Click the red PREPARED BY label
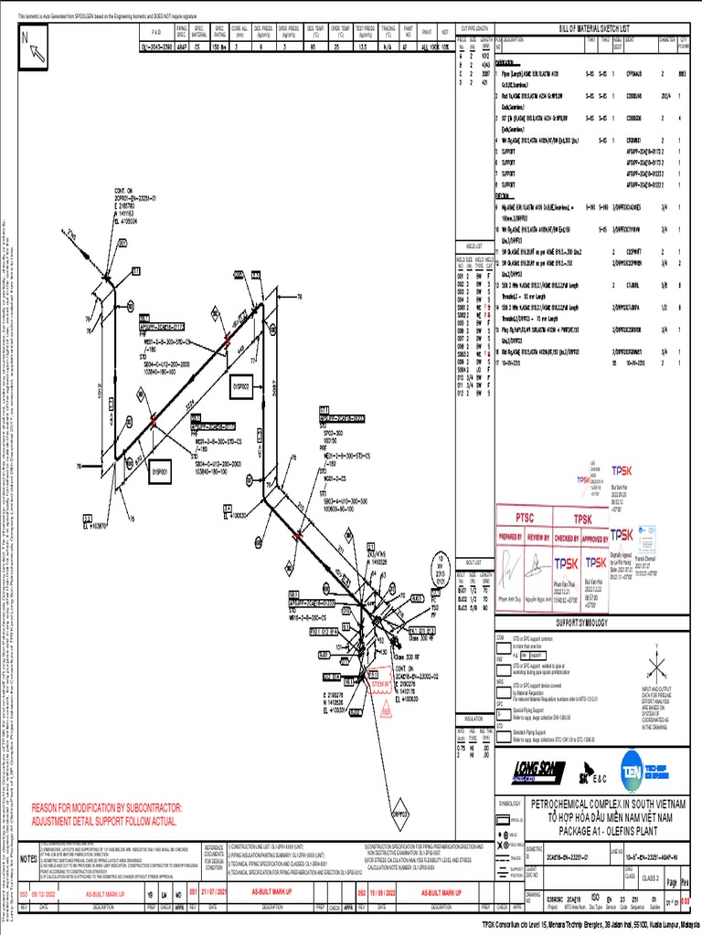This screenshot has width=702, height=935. pyautogui.click(x=512, y=539)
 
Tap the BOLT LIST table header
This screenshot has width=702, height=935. pyautogui.click(x=473, y=562)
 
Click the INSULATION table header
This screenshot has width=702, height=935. pyautogui.click(x=473, y=720)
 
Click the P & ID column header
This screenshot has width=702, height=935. pyautogui.click(x=169, y=30)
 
